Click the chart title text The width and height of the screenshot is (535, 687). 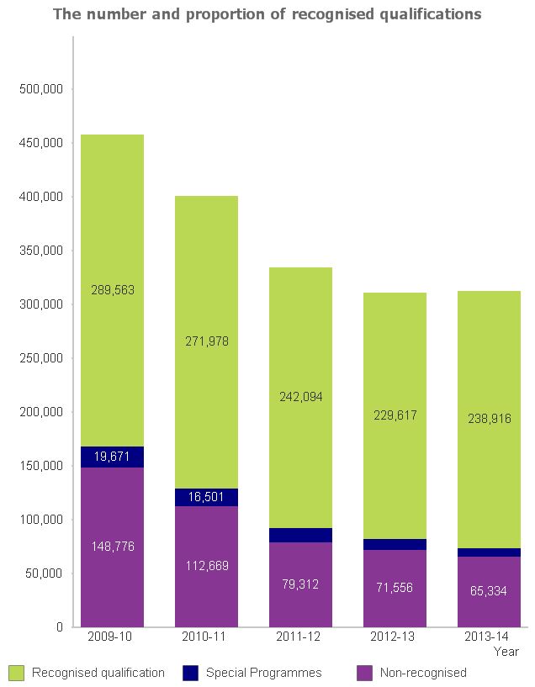click(x=267, y=14)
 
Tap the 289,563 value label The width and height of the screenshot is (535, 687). click(x=113, y=290)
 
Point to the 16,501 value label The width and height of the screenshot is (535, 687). click(x=206, y=497)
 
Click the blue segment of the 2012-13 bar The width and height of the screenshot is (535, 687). click(x=395, y=544)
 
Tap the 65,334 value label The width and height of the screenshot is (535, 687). click(x=489, y=591)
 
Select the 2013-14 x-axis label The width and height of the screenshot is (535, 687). click(x=489, y=638)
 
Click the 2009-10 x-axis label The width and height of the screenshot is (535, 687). click(x=113, y=638)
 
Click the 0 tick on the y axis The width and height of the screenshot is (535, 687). click(x=60, y=627)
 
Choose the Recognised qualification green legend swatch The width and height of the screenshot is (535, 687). click(x=16, y=673)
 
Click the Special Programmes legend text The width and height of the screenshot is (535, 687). click(x=263, y=673)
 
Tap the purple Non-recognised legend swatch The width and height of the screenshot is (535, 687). click(x=364, y=673)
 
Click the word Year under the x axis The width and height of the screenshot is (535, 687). click(x=506, y=652)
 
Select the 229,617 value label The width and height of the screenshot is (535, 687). click(x=395, y=415)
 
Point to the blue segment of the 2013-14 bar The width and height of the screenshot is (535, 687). click(x=489, y=552)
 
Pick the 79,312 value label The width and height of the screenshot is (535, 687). click(x=300, y=584)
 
